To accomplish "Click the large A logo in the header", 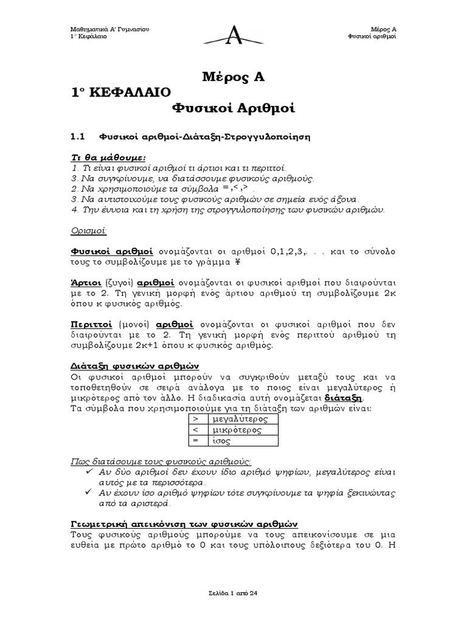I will pos(233,35).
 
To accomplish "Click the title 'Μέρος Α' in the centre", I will pos(234,77).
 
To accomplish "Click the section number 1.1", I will pos(80,136).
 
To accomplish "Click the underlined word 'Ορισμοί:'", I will pos(88,231).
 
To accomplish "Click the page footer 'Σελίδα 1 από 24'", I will pos(233,593).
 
